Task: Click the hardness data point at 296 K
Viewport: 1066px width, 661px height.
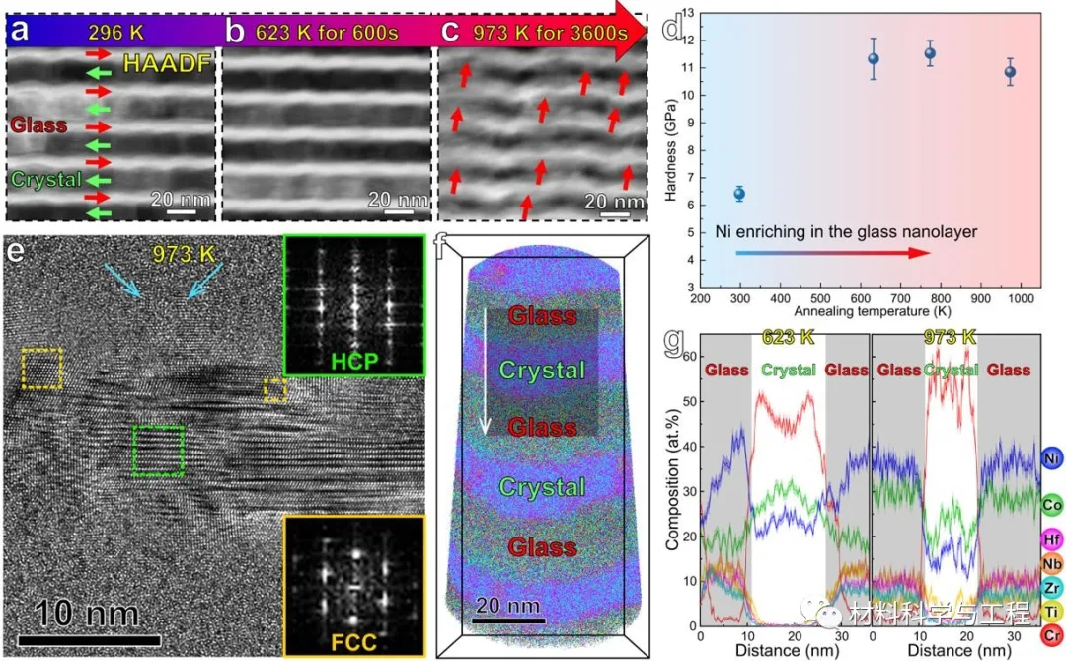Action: (738, 194)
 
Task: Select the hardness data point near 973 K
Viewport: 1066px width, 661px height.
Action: (1010, 71)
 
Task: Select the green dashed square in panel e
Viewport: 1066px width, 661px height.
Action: (158, 451)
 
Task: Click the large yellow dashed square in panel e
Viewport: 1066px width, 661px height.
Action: (41, 369)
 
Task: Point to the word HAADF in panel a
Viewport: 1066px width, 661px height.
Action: (167, 66)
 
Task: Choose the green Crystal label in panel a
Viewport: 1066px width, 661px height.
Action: (39, 181)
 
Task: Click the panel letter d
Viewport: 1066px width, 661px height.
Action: (672, 27)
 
